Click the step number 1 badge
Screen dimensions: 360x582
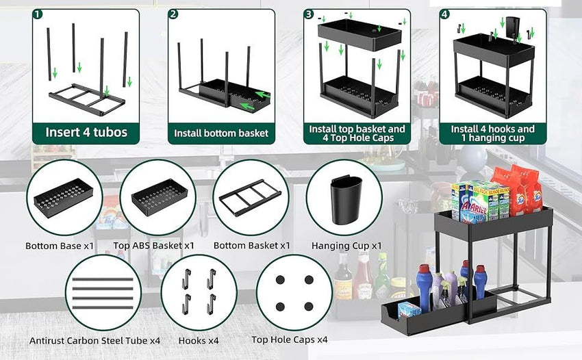click(38, 14)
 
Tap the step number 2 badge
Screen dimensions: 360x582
click(174, 14)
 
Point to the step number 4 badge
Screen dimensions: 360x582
click(445, 14)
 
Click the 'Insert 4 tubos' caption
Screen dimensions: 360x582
click(86, 132)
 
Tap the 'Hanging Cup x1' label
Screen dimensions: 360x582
click(346, 245)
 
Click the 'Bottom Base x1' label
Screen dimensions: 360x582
click(60, 245)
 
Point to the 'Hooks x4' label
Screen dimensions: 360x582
click(199, 340)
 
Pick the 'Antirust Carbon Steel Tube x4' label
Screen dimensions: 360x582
click(95, 340)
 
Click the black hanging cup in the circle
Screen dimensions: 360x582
click(346, 201)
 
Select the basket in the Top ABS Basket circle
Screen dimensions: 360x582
click(159, 198)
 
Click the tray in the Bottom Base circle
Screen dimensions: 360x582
click(63, 198)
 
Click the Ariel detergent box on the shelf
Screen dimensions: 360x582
click(472, 202)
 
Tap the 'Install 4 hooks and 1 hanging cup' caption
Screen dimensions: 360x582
click(493, 133)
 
